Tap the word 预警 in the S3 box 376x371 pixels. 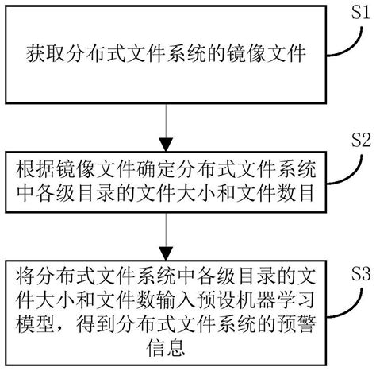[291, 323]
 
